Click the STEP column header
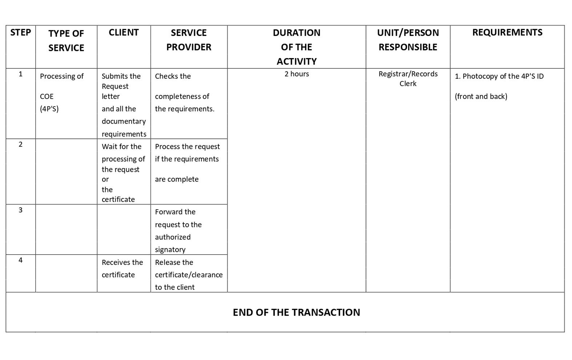tap(20, 32)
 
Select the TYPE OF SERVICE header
tap(66, 40)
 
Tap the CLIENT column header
tap(124, 32)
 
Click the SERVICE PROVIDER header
tap(189, 40)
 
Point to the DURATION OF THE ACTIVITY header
tap(297, 47)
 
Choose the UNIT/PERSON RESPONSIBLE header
tap(408, 40)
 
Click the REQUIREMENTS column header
tap(507, 32)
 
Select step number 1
tap(20, 74)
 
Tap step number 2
tap(20, 144)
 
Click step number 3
tap(20, 210)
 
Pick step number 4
tap(20, 260)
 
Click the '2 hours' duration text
tap(297, 74)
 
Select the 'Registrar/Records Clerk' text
tap(408, 78)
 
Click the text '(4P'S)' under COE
tap(49, 109)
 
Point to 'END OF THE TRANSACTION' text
tap(296, 312)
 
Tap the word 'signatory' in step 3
tap(170, 250)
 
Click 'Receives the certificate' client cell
tap(122, 268)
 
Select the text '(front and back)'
tap(481, 96)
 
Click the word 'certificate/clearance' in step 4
tap(189, 275)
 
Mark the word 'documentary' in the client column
tap(124, 121)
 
